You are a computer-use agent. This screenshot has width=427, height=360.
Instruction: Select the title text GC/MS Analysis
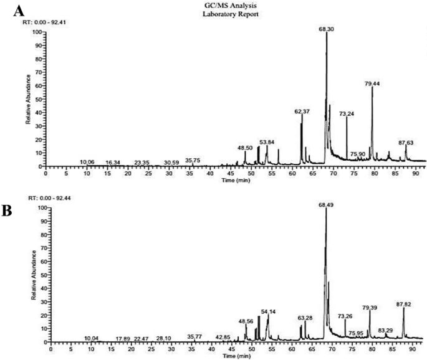[213, 5]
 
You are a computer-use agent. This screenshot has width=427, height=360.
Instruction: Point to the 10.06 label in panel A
[87, 162]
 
